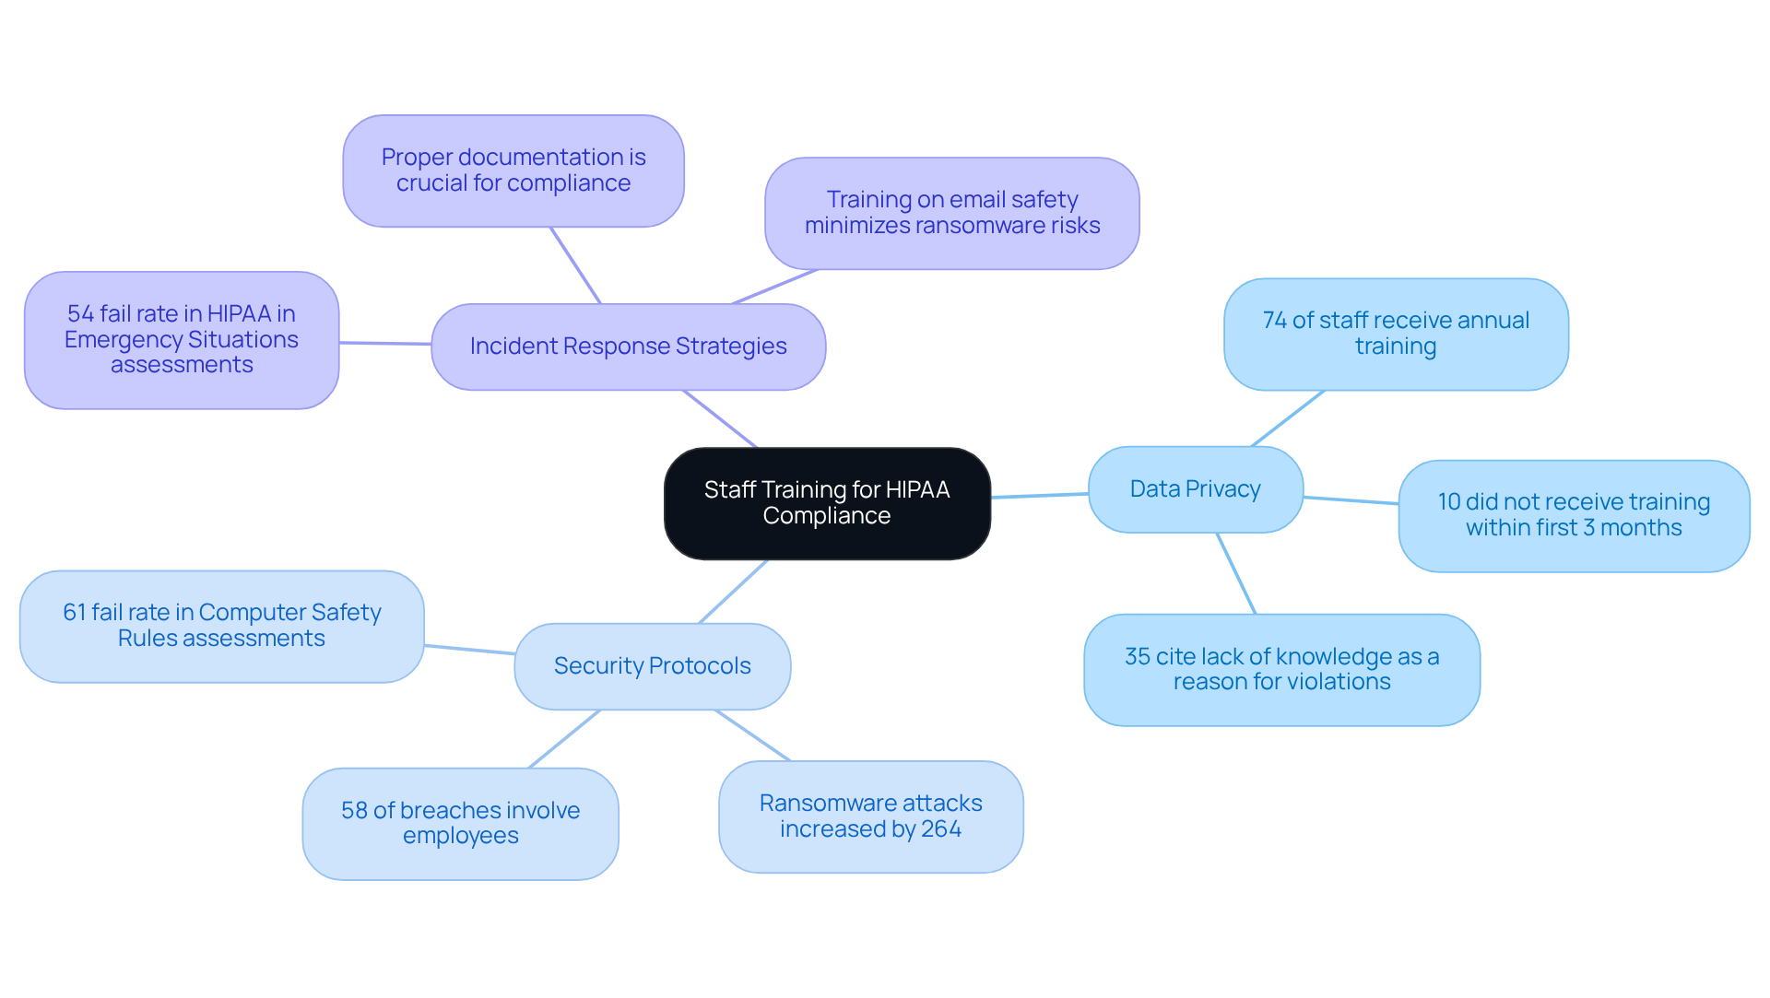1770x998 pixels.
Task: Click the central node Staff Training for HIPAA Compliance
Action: pos(827,503)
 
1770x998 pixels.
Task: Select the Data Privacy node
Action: pos(1195,489)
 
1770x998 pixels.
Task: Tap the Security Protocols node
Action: pos(652,666)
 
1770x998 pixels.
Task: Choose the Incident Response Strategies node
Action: pos(628,346)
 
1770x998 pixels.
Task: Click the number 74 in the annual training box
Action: pos(1274,321)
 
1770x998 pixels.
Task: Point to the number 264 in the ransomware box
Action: pos(940,829)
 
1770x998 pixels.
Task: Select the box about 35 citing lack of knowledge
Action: pos(1281,670)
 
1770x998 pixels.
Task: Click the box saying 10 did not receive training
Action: pos(1574,516)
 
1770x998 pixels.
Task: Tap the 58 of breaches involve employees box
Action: pos(460,823)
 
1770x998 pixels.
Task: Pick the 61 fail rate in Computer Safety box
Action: pos(221,626)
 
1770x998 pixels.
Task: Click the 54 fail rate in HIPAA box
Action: pos(182,340)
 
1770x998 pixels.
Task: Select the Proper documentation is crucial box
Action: pos(513,170)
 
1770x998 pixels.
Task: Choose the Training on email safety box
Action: pos(951,213)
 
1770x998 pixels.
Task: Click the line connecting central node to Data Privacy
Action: pos(1039,496)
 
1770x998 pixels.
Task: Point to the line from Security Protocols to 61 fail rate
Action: pos(469,650)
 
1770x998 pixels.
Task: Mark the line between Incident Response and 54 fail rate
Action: pos(385,343)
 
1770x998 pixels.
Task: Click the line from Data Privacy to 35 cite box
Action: pos(1236,573)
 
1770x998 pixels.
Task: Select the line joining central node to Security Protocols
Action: pos(733,592)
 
